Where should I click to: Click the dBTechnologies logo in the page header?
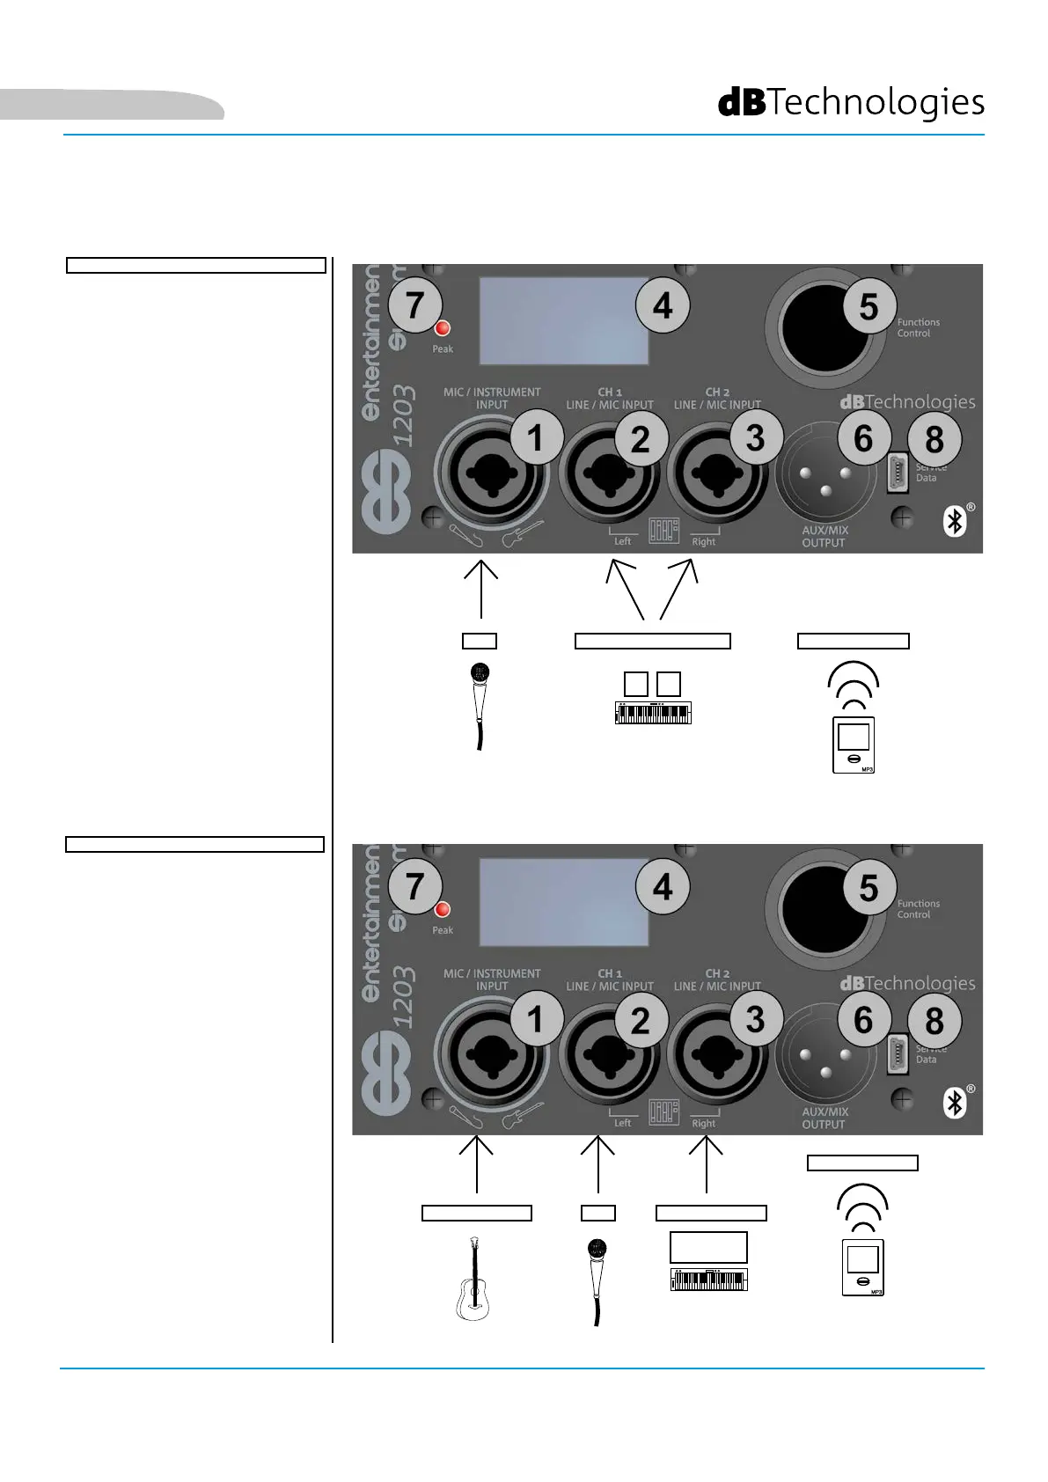851,103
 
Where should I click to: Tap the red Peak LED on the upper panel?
443,328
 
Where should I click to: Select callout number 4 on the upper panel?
662,305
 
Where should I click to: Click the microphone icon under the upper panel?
480,705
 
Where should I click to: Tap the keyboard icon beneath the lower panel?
708,1279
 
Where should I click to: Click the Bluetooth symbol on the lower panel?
955,1103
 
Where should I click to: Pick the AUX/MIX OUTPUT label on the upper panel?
824,537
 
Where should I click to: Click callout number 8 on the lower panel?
934,1021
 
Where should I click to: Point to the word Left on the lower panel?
622,1123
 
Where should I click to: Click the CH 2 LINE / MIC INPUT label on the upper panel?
717,399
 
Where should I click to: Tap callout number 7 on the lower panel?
414,886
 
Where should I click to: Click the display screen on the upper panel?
563,321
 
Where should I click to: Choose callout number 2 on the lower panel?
640,1021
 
